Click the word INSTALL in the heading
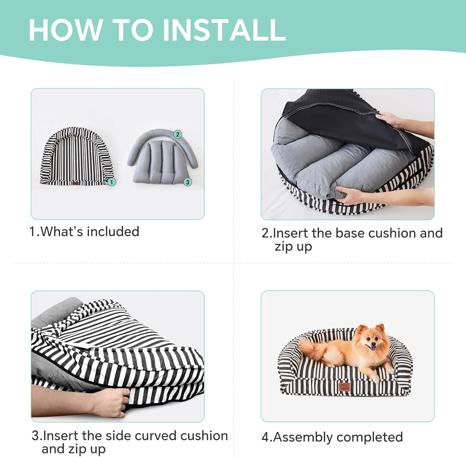(x=224, y=30)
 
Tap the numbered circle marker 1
(x=112, y=182)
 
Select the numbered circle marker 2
(x=178, y=134)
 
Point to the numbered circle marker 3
(x=187, y=182)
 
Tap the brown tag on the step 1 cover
(x=76, y=183)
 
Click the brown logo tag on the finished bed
(x=344, y=387)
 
